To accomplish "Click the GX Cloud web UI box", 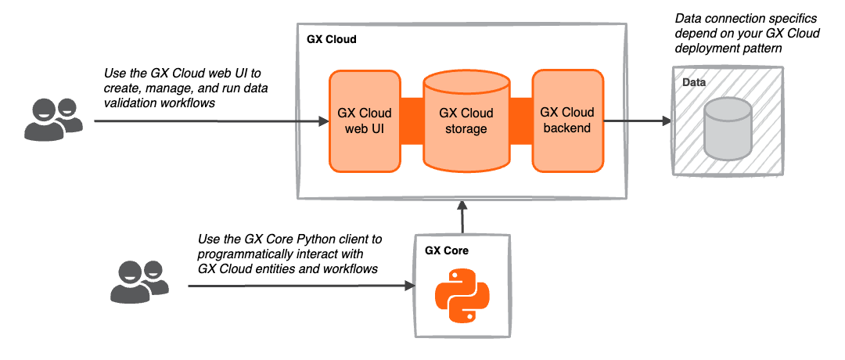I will pyautogui.click(x=365, y=121).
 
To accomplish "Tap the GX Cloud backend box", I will pyautogui.click(x=567, y=121).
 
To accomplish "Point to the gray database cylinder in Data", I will pyautogui.click(x=727, y=129).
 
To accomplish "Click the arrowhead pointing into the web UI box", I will pyautogui.click(x=323, y=121).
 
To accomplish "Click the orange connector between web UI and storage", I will pyautogui.click(x=412, y=121).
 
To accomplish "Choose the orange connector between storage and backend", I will pyautogui.click(x=520, y=121).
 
